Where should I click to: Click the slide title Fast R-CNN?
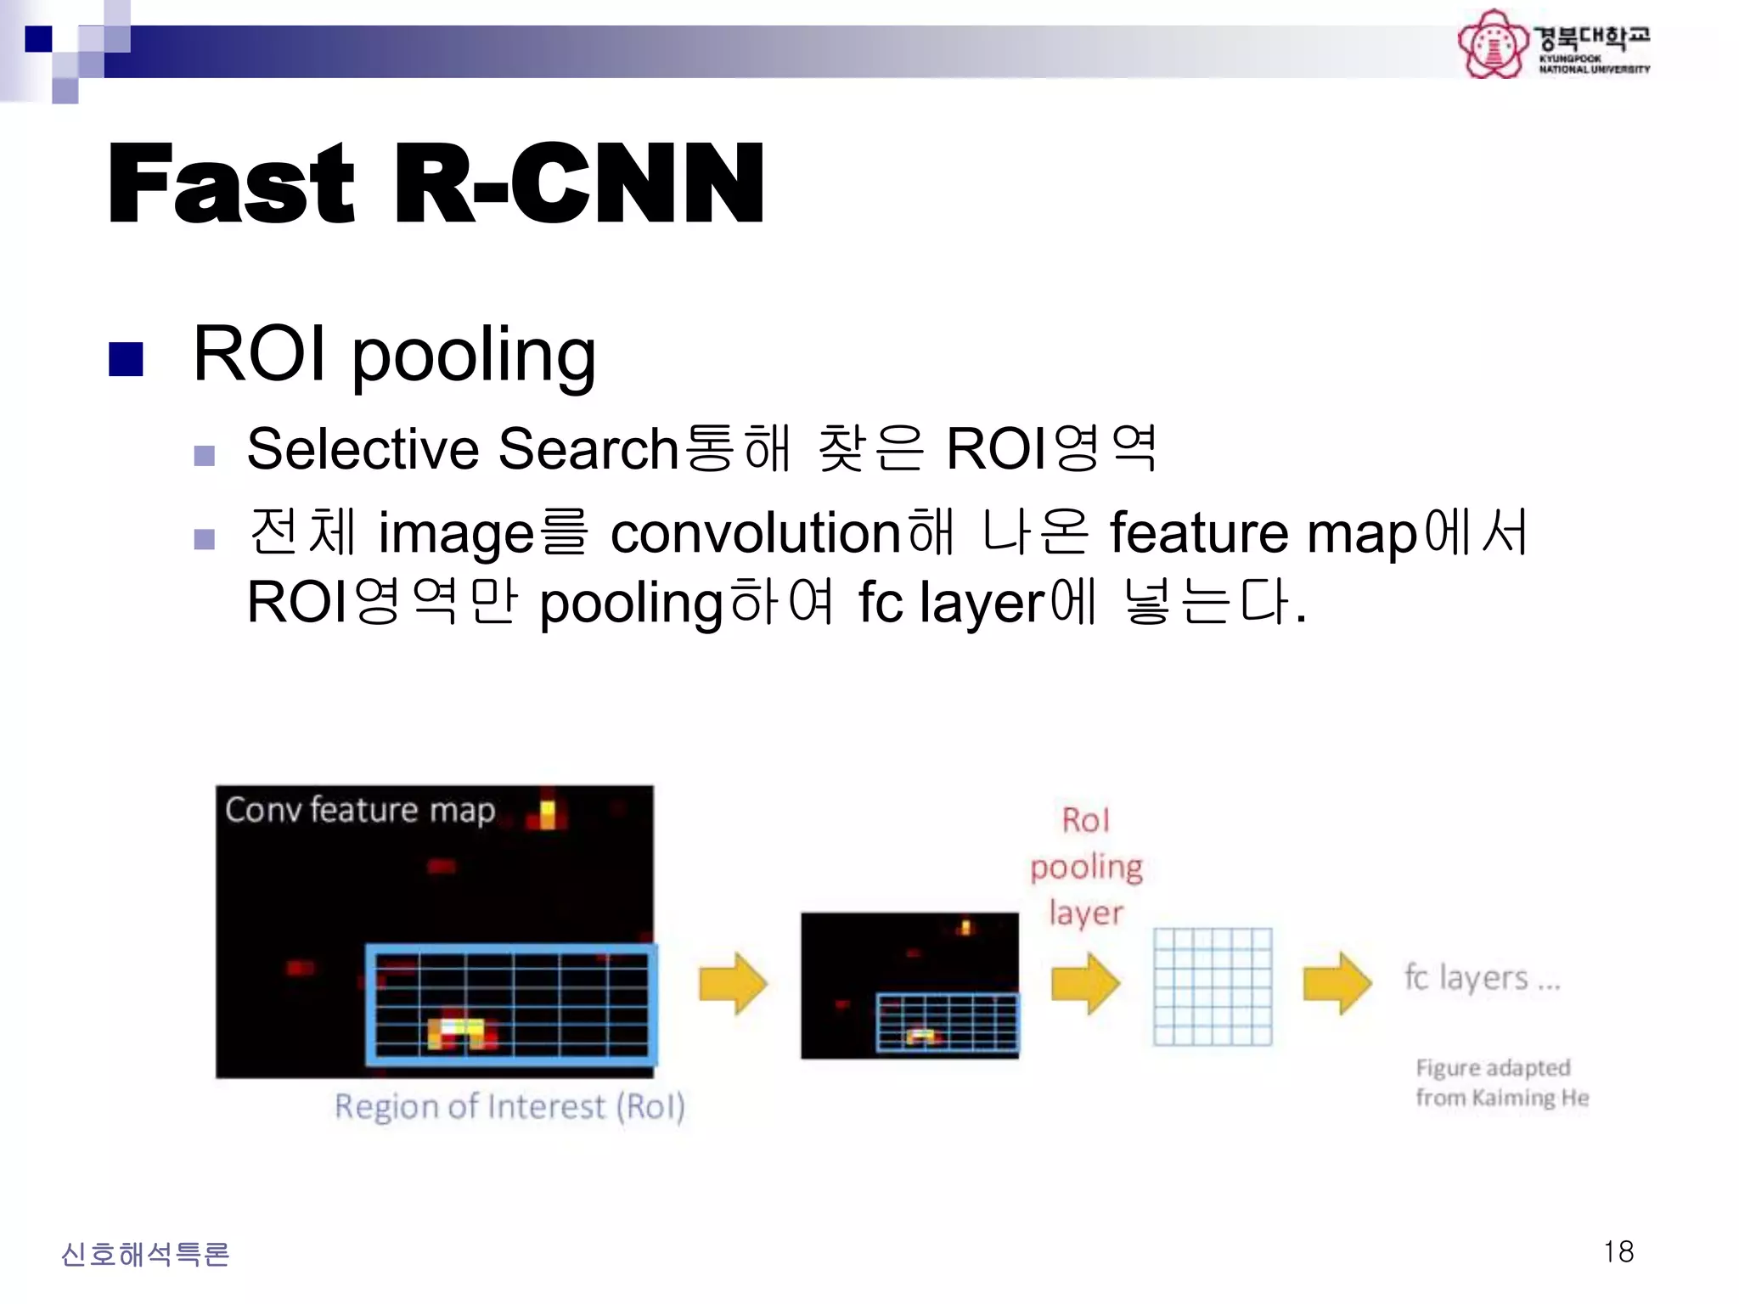pyautogui.click(x=436, y=184)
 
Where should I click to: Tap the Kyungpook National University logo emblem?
pyautogui.click(x=1492, y=44)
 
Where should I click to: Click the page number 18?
pyautogui.click(x=1618, y=1251)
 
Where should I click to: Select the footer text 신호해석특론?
pyautogui.click(x=145, y=1254)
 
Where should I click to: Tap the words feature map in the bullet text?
pyautogui.click(x=1263, y=533)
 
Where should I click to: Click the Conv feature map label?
pyautogui.click(x=359, y=810)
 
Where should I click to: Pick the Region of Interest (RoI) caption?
pyautogui.click(x=509, y=1106)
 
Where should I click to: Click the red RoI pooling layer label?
pyautogui.click(x=1086, y=866)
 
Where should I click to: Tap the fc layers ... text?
pyautogui.click(x=1482, y=978)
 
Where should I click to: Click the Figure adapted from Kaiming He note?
pyautogui.click(x=1501, y=1082)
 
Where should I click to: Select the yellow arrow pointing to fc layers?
pyautogui.click(x=1337, y=983)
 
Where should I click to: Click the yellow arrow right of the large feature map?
pyautogui.click(x=732, y=983)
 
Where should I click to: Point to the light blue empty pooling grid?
pyautogui.click(x=1212, y=986)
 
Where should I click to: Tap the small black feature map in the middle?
pyautogui.click(x=909, y=985)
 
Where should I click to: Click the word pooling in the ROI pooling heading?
pyautogui.click(x=473, y=357)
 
